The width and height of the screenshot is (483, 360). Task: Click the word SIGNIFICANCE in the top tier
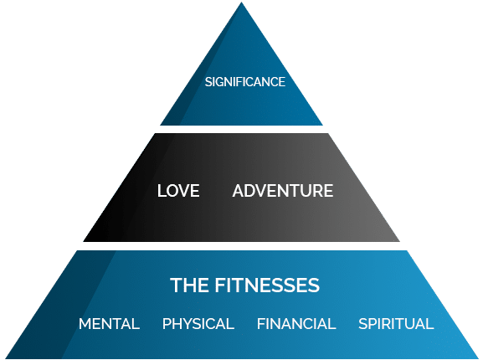245,82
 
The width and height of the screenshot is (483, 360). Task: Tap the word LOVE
178,190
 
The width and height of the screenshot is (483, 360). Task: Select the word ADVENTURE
283,190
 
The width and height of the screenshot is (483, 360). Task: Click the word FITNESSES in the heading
267,285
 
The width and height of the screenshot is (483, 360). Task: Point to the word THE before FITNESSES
189,285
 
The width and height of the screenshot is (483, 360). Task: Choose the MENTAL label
109,324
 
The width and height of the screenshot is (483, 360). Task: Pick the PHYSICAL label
198,324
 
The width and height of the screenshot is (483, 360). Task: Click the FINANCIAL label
296,324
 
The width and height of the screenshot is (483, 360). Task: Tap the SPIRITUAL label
396,324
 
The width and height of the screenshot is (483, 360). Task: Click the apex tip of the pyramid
241,3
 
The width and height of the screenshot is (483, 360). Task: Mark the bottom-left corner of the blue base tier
6,358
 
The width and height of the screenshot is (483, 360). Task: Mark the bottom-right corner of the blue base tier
478,358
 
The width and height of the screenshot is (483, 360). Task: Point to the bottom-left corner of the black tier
84,241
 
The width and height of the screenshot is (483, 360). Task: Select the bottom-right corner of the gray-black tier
399,241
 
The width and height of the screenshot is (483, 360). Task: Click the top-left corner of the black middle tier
155,134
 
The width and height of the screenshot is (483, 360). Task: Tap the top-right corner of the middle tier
328,134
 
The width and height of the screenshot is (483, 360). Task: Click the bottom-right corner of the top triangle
322,125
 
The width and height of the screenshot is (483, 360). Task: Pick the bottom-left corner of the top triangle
161,125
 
